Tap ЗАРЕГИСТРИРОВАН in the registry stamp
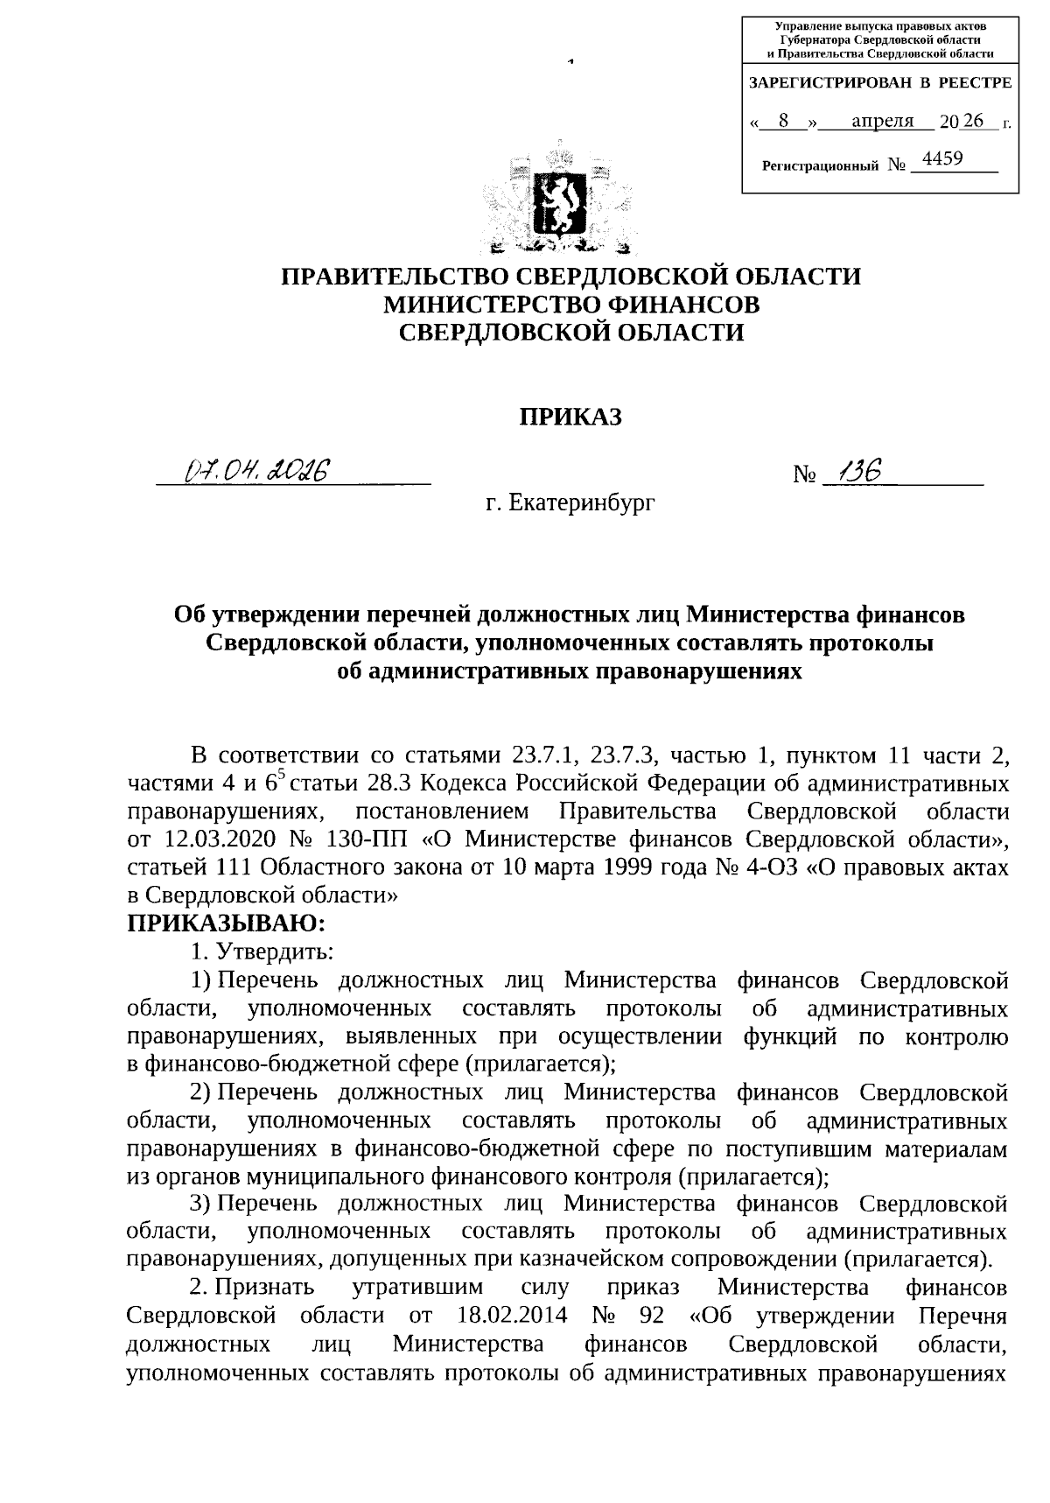829,83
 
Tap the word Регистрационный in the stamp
820,165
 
